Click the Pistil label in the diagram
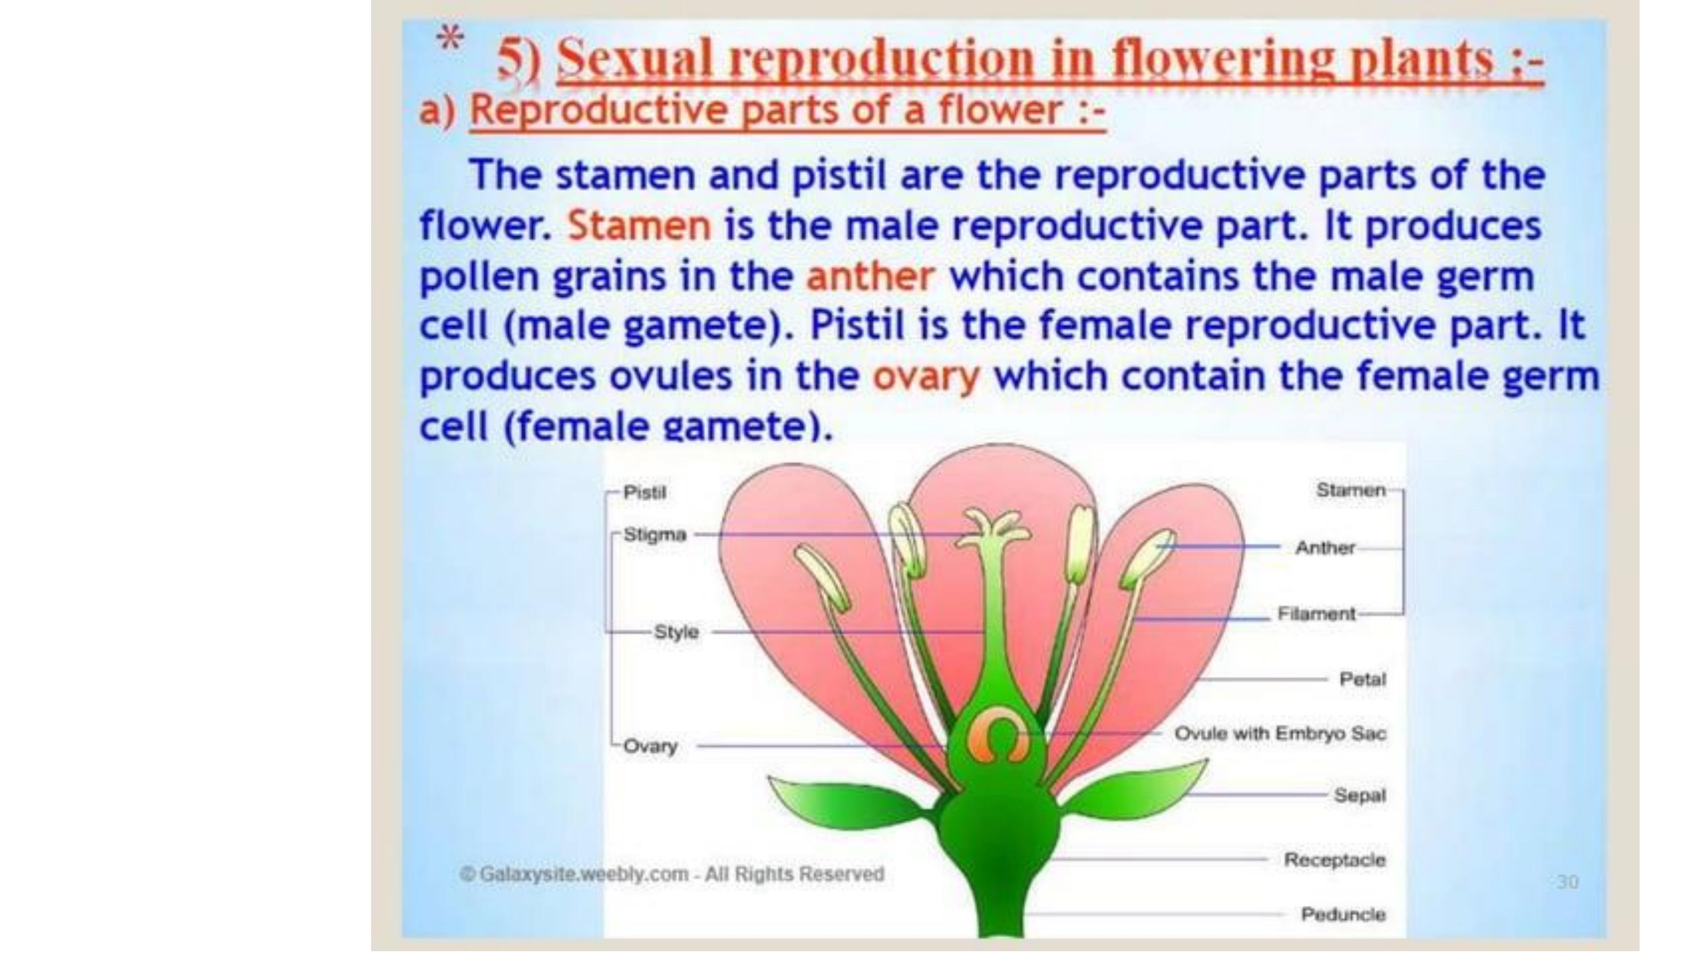(644, 492)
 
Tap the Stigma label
(654, 534)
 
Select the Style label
(676, 632)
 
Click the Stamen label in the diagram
(1350, 490)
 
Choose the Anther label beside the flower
(1325, 548)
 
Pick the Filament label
(1316, 614)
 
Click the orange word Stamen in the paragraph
(639, 226)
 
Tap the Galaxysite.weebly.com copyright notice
(672, 875)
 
